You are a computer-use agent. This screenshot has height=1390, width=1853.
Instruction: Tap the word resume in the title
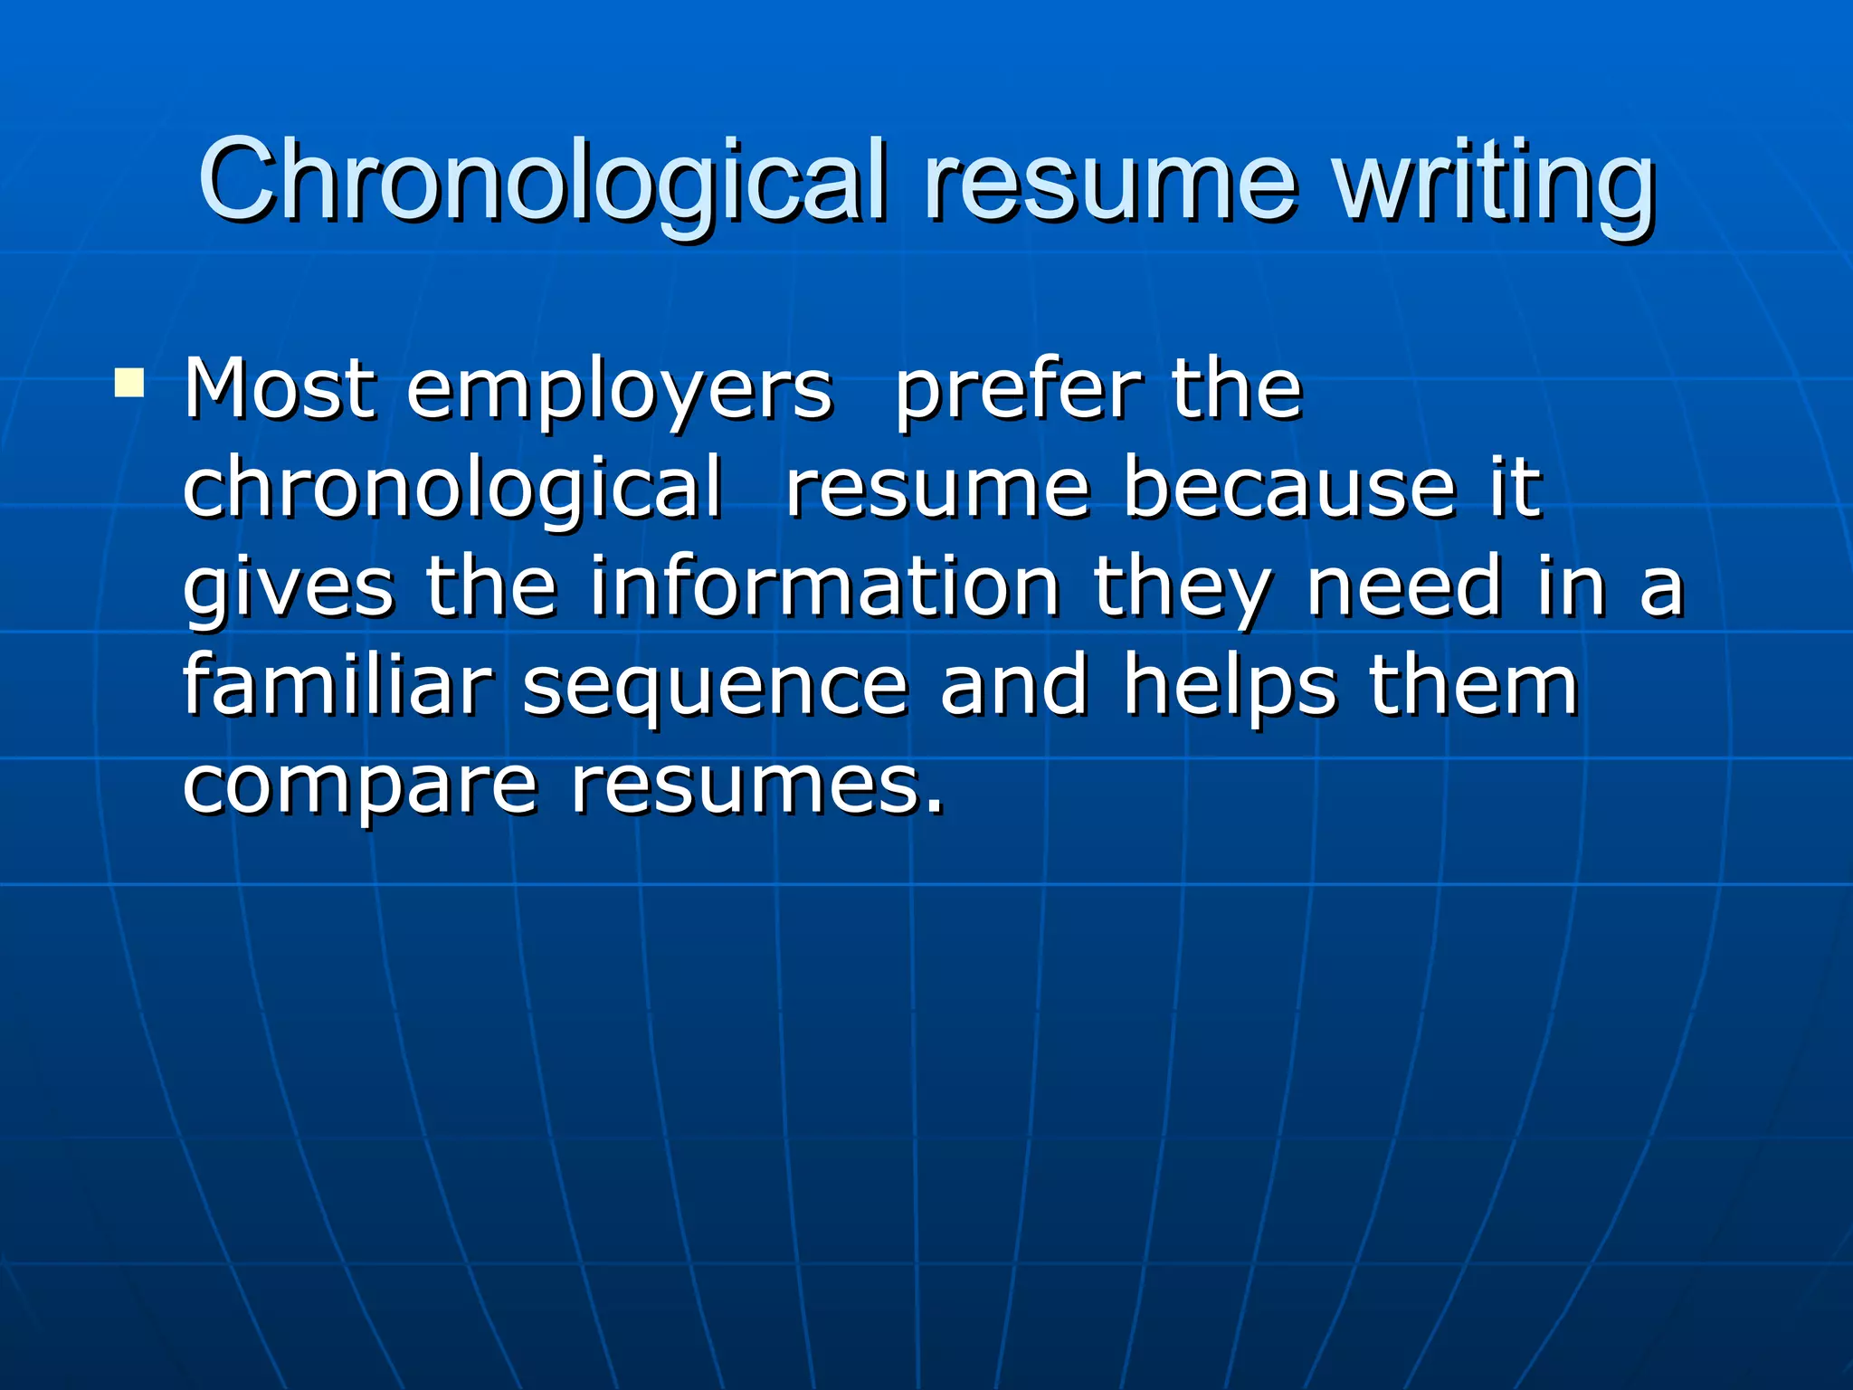pyautogui.click(x=1110, y=181)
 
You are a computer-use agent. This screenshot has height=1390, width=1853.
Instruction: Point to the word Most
pyautogui.click(x=279, y=389)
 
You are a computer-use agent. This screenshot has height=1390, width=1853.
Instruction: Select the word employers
pyautogui.click(x=619, y=391)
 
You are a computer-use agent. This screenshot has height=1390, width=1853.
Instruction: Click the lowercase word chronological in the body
pyautogui.click(x=452, y=489)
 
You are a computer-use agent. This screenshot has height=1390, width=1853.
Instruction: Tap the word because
pyautogui.click(x=1289, y=489)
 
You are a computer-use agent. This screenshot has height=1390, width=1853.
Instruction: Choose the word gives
pyautogui.click(x=289, y=588)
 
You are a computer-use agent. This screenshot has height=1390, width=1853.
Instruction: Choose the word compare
pyautogui.click(x=360, y=785)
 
